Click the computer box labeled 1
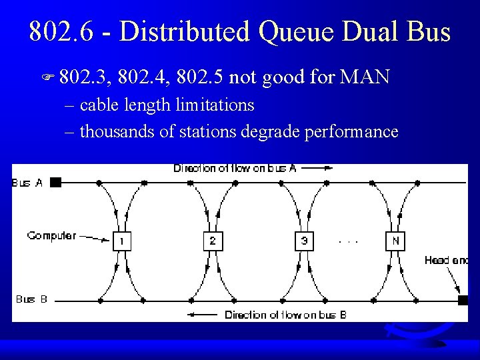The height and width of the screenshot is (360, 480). tap(122, 241)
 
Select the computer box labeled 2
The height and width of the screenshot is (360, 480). tap(213, 241)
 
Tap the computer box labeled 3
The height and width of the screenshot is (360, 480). tap(304, 241)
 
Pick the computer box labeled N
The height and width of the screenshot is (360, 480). tap(395, 241)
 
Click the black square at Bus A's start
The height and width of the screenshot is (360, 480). tap(56, 181)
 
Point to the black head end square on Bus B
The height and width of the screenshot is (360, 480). tap(463, 300)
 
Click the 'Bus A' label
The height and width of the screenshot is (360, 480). tap(27, 182)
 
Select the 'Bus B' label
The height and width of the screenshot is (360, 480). tap(31, 299)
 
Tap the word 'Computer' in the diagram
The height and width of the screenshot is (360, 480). tap(52, 235)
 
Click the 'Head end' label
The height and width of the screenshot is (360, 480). tap(446, 261)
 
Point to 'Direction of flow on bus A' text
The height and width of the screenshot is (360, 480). tap(235, 168)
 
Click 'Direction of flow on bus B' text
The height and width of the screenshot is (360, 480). tap(285, 315)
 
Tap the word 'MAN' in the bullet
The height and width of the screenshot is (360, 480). tap(365, 78)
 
